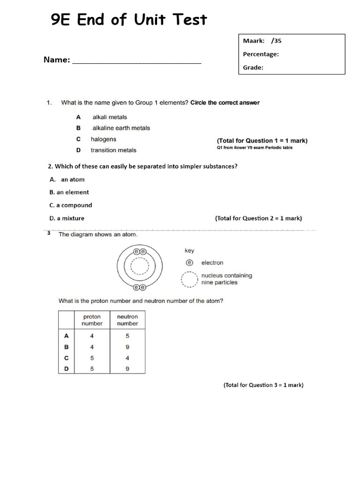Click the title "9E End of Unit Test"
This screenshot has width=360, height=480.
pos(128,20)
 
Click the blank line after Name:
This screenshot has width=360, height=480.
pos(136,61)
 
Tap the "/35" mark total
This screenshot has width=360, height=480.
pos(276,41)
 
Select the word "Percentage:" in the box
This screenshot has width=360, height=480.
pos(261,54)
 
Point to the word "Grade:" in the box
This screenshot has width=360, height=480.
pos(253,67)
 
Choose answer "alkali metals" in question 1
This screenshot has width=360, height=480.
pos(110,117)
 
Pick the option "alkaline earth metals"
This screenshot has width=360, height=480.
pos(121,128)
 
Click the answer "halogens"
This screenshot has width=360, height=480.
pos(103,139)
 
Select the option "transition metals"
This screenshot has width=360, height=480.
pos(113,150)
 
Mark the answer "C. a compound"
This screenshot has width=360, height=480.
pos(71,205)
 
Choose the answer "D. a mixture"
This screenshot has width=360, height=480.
pos(67,218)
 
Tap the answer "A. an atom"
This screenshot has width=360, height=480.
pos(67,180)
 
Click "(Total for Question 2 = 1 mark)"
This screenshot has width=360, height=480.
pos(258,218)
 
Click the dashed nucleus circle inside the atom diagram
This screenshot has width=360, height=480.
pos(139,267)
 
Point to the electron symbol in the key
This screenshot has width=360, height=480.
pos(189,263)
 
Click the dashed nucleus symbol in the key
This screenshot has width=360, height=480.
pos(189,279)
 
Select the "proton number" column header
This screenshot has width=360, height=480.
pos(92,320)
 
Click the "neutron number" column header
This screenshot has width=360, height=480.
pos(127,320)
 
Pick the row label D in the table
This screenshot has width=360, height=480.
pos(67,369)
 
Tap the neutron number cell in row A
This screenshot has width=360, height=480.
pos(127,336)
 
